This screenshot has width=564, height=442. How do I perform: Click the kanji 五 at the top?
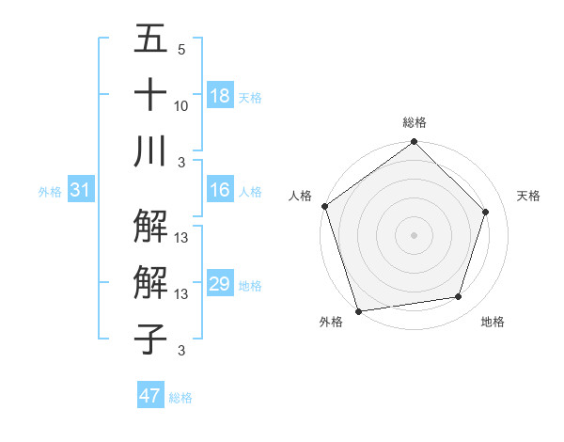[x=150, y=39]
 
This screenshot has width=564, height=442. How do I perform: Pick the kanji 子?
[x=150, y=339]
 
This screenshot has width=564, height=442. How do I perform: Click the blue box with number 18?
[x=220, y=96]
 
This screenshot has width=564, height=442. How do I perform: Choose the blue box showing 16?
[x=220, y=191]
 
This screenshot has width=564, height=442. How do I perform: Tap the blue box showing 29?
[x=220, y=285]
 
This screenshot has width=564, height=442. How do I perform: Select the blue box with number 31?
[x=80, y=191]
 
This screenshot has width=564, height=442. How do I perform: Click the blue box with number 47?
[x=150, y=396]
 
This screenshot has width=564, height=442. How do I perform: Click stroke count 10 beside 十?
[x=181, y=106]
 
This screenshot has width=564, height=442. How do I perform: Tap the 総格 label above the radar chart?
[x=414, y=122]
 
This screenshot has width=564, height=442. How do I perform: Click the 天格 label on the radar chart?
[x=528, y=196]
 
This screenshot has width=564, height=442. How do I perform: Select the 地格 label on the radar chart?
[x=493, y=323]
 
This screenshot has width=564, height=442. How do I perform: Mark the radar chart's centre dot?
[x=414, y=234]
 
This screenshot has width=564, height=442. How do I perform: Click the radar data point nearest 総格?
[x=414, y=143]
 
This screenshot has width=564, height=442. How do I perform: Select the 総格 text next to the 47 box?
[x=180, y=398]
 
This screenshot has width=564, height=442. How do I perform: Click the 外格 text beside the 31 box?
[x=50, y=192]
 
